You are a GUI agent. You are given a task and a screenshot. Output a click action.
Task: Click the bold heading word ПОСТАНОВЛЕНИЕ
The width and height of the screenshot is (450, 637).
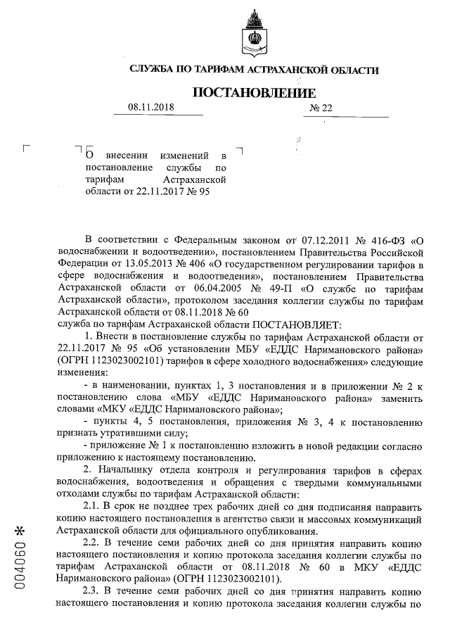254,93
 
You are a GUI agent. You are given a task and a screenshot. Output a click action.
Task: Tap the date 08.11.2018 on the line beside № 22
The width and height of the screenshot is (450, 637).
150,108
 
